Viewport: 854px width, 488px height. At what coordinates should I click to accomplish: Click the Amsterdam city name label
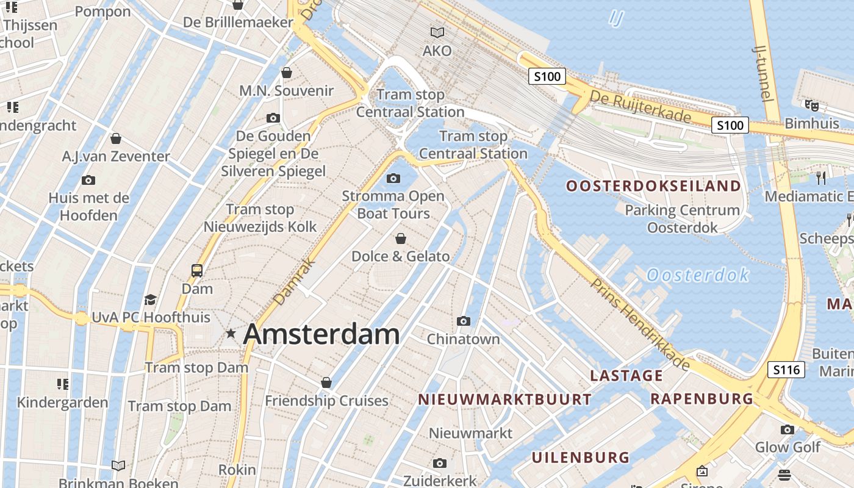pyautogui.click(x=321, y=334)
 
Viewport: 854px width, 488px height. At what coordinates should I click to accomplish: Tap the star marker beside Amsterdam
pyautogui.click(x=231, y=333)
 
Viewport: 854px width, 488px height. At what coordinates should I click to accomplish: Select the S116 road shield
pyautogui.click(x=786, y=369)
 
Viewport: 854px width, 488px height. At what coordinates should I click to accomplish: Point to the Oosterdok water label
pyautogui.click(x=698, y=275)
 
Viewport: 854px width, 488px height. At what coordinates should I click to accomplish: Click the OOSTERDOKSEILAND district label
pyautogui.click(x=653, y=186)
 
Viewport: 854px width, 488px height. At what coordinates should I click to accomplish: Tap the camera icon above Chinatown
pyautogui.click(x=464, y=321)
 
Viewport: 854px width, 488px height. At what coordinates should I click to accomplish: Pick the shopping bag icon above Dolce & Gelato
pyautogui.click(x=401, y=238)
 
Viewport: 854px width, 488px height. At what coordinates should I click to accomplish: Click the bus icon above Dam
pyautogui.click(x=197, y=270)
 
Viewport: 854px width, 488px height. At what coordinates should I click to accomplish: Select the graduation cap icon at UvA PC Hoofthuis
pyautogui.click(x=150, y=299)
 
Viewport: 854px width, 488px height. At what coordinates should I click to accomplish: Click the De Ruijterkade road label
pyautogui.click(x=640, y=106)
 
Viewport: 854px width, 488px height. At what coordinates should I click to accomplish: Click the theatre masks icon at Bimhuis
pyautogui.click(x=811, y=105)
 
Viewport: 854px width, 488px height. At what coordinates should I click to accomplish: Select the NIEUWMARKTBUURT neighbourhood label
pyautogui.click(x=504, y=400)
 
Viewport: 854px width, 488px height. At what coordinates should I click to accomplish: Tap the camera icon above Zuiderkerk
pyautogui.click(x=439, y=464)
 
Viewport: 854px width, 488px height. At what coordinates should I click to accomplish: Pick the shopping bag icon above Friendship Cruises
pyautogui.click(x=326, y=382)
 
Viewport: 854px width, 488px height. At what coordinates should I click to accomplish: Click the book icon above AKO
pyautogui.click(x=437, y=32)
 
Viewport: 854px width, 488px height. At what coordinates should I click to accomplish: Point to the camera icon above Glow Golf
pyautogui.click(x=788, y=429)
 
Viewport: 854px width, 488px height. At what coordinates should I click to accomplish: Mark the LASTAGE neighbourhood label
pyautogui.click(x=626, y=375)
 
